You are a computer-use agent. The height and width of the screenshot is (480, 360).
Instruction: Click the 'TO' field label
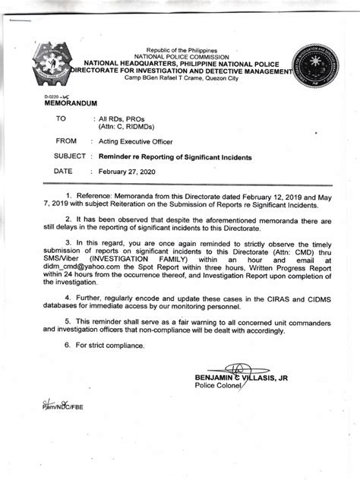pos(62,119)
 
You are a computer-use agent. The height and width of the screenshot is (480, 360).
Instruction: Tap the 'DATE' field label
pos(63,172)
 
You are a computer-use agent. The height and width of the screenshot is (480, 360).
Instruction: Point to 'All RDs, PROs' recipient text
pos(123,119)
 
